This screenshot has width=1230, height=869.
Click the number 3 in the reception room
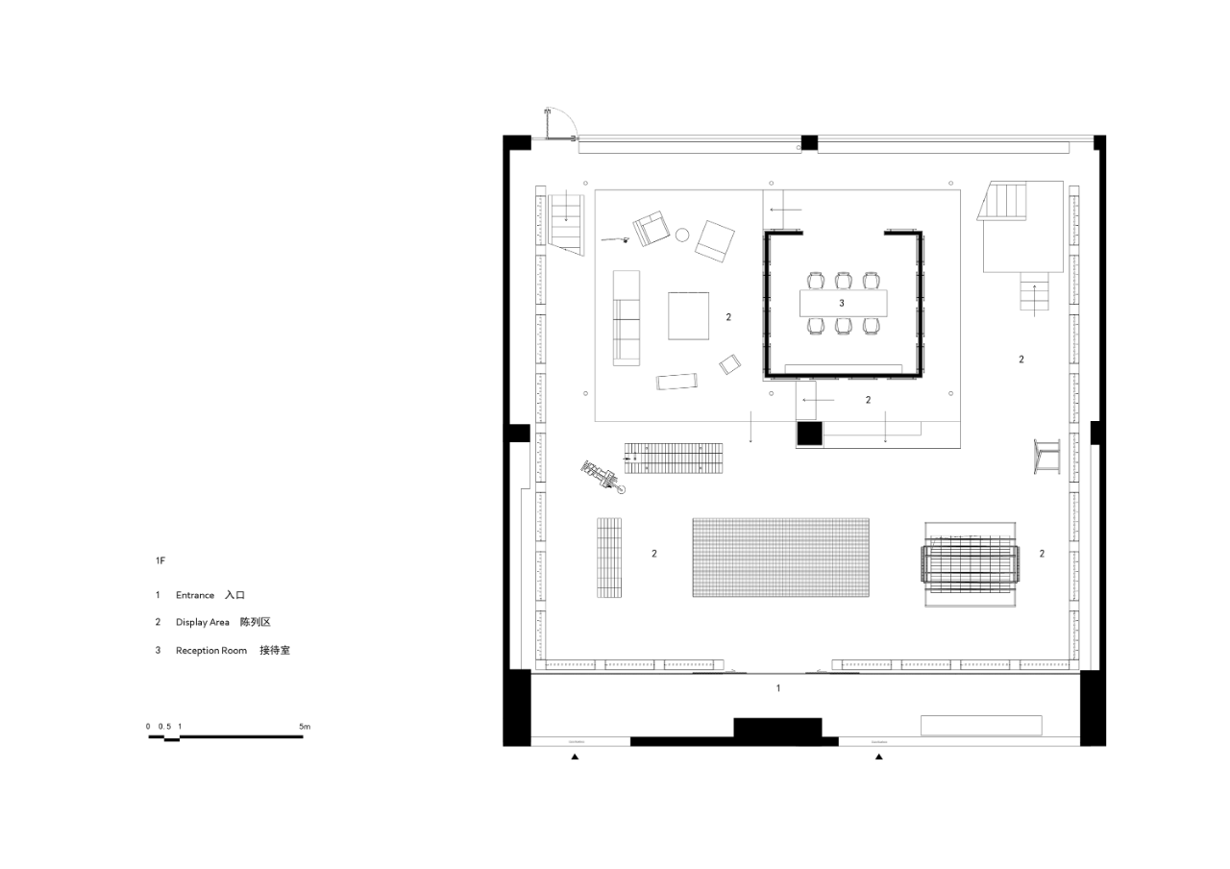coord(842,303)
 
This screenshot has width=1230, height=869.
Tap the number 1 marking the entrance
coord(778,688)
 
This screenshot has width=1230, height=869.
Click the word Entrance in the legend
coord(195,595)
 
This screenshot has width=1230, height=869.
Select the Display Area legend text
coord(203,623)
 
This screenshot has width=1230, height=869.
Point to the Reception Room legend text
coord(211,651)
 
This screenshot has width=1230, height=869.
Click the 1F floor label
coord(160,559)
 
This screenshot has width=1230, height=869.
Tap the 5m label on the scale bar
coord(305,726)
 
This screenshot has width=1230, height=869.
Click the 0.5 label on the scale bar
coord(164,726)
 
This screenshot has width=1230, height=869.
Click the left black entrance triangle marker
coord(575,757)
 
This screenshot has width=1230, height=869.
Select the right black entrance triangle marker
coord(878,757)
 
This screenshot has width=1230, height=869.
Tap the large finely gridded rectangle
coord(780,558)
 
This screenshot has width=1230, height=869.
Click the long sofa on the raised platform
coord(627,318)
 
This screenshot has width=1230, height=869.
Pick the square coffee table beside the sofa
coord(689,316)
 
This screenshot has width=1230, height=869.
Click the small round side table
coord(683,234)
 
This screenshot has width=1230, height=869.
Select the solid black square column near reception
coord(809,434)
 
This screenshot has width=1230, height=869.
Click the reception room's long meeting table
coord(845,303)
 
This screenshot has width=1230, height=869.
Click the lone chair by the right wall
coord(1046,457)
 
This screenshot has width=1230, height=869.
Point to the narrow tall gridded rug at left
coord(609,558)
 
